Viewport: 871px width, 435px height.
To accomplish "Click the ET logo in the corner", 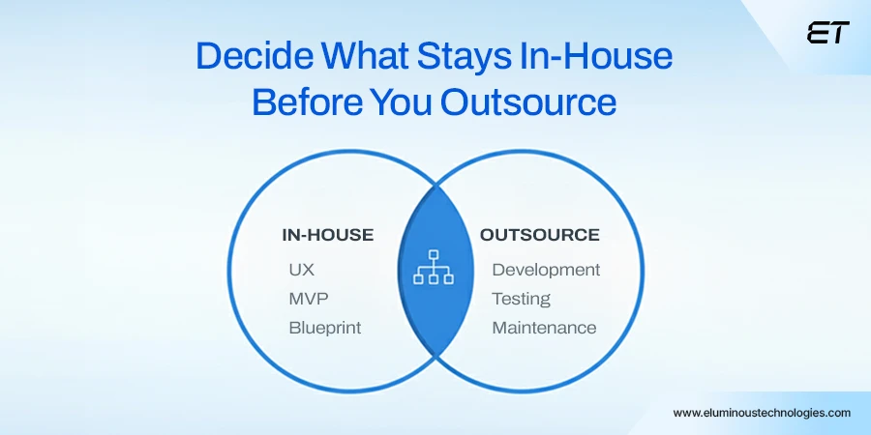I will point(827,33).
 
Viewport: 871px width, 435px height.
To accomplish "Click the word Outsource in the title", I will point(528,101).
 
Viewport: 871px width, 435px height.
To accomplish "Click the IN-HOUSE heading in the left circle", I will point(327,235).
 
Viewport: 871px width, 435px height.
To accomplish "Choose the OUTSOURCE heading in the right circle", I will point(540,235).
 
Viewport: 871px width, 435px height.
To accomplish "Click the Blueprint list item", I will point(324,328).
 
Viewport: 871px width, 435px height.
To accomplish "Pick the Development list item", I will point(546,270).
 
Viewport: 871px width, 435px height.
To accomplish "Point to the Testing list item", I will point(521,299).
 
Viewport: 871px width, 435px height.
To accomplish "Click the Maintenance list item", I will point(544,328).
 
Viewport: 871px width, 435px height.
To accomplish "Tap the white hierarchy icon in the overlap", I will point(434,268).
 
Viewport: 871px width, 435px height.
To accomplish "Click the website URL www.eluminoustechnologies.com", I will point(762,412).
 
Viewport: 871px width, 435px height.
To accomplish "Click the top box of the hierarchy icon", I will point(434,256).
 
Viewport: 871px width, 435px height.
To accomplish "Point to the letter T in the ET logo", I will point(839,33).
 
